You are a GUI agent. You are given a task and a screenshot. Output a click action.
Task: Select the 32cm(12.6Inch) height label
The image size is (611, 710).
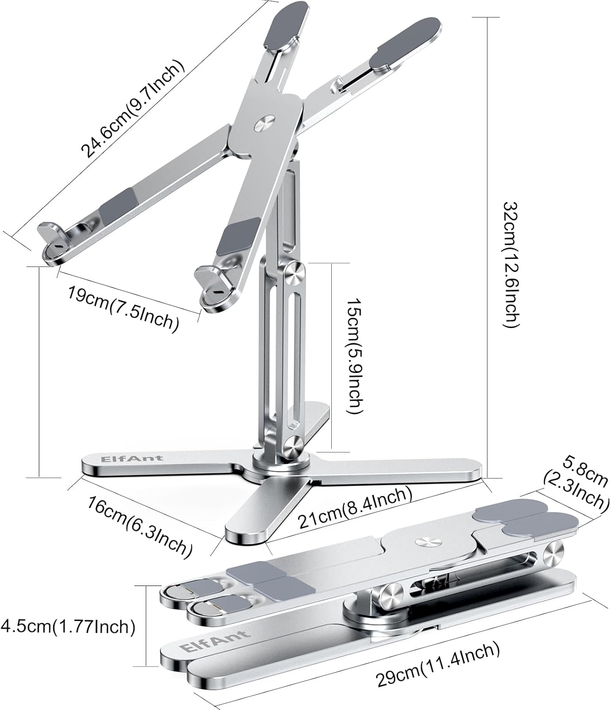[x=512, y=264]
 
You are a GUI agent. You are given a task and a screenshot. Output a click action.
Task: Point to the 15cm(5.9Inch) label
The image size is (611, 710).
[x=355, y=356]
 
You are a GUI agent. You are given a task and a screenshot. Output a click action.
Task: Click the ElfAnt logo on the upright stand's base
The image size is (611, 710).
[x=132, y=458]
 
